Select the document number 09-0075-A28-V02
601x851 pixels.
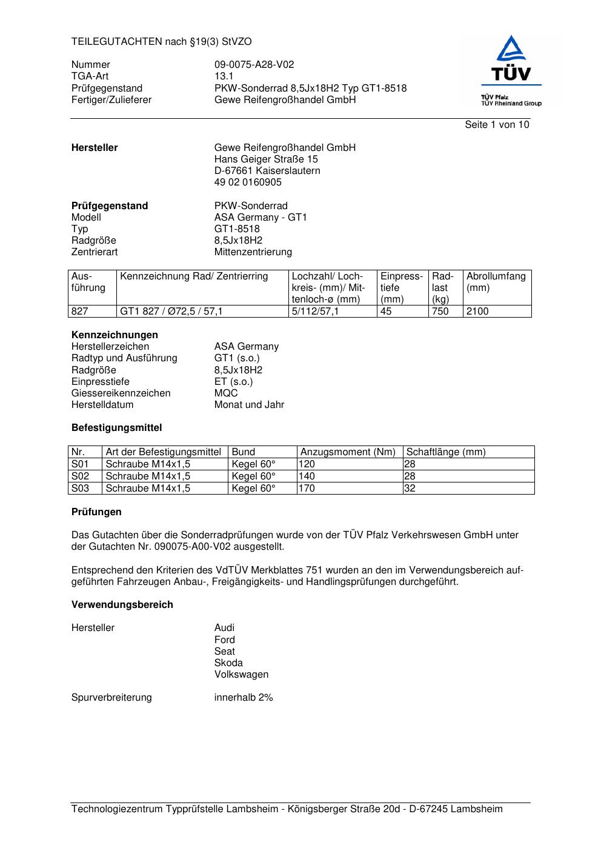pyautogui.click(x=254, y=65)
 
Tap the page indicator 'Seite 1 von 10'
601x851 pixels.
pyautogui.click(x=497, y=125)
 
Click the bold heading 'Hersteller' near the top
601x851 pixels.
pyautogui.click(x=95, y=148)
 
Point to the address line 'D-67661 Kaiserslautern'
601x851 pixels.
pyautogui.click(x=267, y=171)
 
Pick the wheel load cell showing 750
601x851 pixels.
pyautogui.click(x=440, y=312)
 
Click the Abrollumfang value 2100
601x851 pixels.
pyautogui.click(x=477, y=312)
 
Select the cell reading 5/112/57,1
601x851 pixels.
pyautogui.click(x=315, y=312)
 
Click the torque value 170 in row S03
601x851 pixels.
pyautogui.click(x=307, y=489)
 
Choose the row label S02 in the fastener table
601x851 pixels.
pyautogui.click(x=80, y=476)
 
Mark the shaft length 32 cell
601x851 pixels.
pyautogui.click(x=410, y=489)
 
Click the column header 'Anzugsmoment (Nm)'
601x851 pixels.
pyautogui.click(x=348, y=452)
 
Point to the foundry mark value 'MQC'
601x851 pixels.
pyautogui.click(x=226, y=393)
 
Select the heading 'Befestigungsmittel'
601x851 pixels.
pyautogui.click(x=116, y=428)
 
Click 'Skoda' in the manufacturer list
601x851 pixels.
pyautogui.click(x=228, y=663)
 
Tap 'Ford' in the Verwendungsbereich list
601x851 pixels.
pyautogui.click(x=224, y=640)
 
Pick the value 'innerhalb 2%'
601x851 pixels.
pyautogui.click(x=244, y=698)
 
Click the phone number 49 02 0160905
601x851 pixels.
pyautogui.click(x=248, y=182)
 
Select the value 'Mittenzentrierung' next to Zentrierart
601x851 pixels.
pyautogui.click(x=253, y=252)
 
